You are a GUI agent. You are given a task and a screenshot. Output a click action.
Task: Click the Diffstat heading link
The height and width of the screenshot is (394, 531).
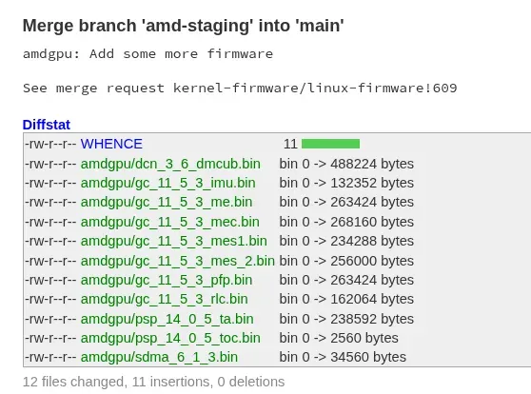tap(47, 125)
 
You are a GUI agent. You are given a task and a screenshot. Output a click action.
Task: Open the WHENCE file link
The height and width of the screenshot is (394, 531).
tap(111, 144)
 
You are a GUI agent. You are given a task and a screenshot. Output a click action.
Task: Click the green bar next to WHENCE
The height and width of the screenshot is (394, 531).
tap(330, 144)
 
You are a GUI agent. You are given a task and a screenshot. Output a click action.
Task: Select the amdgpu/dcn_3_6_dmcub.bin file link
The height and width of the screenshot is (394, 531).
tap(170, 164)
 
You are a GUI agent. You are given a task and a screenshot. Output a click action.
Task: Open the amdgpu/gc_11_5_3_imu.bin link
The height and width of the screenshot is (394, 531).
tap(168, 183)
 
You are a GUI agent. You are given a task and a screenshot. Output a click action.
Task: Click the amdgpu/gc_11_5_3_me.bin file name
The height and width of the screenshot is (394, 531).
tap(167, 203)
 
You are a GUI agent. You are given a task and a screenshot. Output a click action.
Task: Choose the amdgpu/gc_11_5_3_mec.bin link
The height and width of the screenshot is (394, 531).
tap(170, 222)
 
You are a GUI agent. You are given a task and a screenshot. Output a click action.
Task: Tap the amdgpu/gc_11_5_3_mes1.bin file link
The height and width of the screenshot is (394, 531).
tap(174, 241)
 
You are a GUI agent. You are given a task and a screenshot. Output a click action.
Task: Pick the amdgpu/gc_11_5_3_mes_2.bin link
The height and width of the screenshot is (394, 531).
tap(177, 261)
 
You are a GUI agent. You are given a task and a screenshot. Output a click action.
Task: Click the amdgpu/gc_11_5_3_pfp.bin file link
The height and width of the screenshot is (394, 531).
tap(167, 280)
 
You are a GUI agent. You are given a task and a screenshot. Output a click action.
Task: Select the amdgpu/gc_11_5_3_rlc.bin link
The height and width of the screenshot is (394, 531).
tap(165, 299)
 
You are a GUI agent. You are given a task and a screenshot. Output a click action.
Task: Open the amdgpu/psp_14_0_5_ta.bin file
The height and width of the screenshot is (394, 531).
tap(167, 319)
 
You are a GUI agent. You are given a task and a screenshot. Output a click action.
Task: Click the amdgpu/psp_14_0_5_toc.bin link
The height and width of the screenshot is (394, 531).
tap(170, 338)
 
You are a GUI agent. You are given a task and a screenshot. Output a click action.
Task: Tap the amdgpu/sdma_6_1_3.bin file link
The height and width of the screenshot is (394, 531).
tap(159, 357)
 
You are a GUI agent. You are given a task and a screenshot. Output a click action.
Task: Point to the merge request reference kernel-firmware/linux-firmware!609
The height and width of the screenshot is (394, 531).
tap(315, 89)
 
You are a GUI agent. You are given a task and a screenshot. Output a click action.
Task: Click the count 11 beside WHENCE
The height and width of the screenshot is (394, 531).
tap(290, 144)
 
